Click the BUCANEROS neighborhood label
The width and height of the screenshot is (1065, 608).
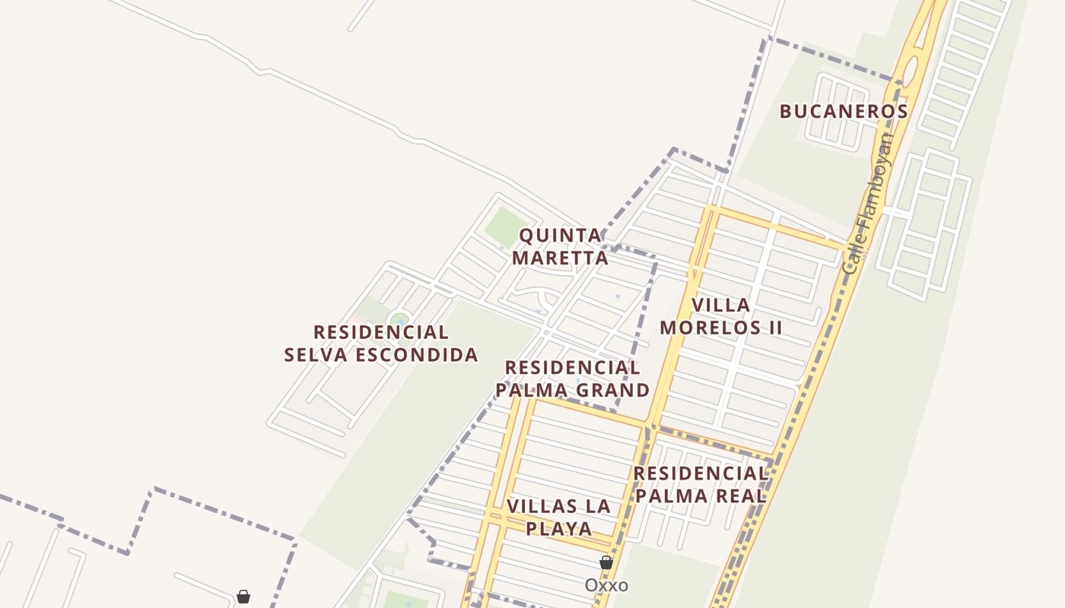844,112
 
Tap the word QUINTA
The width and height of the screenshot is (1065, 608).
561,236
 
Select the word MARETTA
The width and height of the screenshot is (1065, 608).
560,258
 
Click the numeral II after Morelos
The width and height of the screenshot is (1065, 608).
774,328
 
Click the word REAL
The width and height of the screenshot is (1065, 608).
739,496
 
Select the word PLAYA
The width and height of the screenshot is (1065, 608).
558,528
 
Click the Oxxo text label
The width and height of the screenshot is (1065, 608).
606,585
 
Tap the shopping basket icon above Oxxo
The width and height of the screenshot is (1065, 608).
606,562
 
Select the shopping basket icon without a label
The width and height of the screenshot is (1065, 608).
243,597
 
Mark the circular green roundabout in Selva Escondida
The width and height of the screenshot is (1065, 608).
399,319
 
